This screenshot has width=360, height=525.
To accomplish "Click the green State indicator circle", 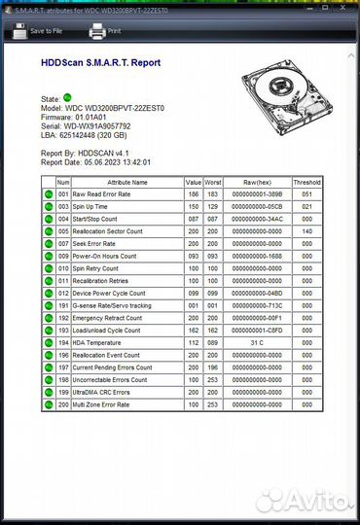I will [67, 98].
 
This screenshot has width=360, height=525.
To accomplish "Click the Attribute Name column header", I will [126, 182].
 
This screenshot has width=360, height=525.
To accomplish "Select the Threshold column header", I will [306, 182].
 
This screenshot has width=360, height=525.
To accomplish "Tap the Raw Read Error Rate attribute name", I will [106, 194].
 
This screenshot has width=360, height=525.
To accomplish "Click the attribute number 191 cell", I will [63, 305].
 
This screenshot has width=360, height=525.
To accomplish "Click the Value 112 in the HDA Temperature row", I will [193, 341].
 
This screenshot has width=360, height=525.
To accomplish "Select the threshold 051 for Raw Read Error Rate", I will [306, 194].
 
